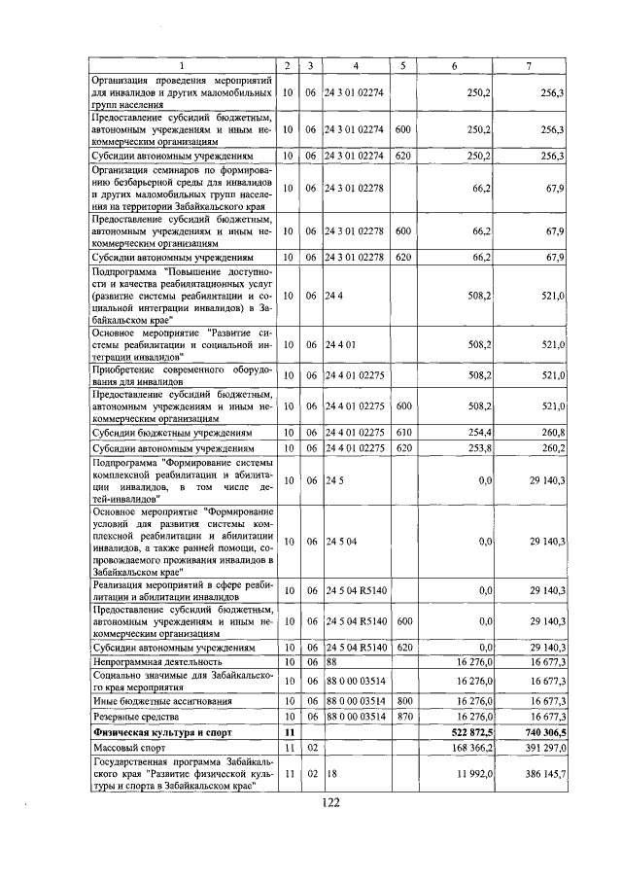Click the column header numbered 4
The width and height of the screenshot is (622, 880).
click(x=356, y=64)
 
